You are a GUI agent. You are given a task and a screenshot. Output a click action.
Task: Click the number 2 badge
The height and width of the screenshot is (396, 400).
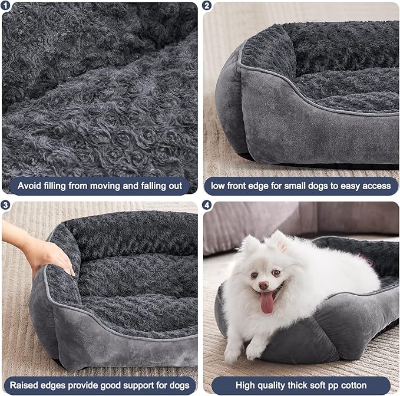pos(207,6)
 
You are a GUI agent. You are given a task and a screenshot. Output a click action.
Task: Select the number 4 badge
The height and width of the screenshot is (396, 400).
pos(207,206)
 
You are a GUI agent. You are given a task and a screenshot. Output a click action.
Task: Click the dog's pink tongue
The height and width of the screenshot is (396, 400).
pos(267,302)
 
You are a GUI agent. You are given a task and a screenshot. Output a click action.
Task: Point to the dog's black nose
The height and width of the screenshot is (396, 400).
pos(263,285)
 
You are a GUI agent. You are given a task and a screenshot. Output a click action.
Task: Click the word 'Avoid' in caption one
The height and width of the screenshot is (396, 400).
pos(29,186)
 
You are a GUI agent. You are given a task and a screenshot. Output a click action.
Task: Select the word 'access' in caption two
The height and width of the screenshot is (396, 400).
pos(375,186)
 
